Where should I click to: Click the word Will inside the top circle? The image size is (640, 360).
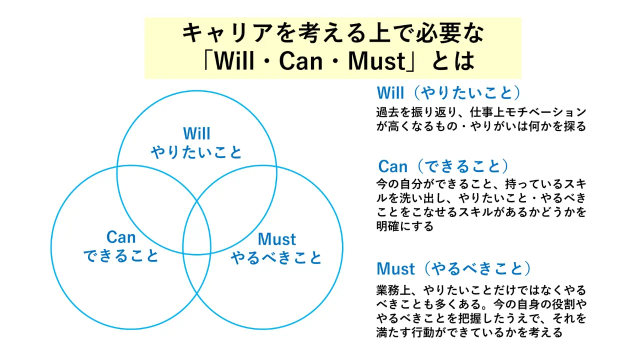coord(196,133)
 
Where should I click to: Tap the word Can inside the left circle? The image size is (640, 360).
coord(121,237)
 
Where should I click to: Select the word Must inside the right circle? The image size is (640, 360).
coord(276,239)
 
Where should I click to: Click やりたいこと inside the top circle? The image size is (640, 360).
coord(196,152)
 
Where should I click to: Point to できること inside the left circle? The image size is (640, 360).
coord(121,255)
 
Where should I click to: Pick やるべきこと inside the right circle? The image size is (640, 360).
coord(276,257)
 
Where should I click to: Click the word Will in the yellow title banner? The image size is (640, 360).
coord(234,61)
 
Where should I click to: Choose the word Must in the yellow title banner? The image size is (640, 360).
coord(376,61)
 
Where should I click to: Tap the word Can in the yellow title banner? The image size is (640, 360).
coord(301,61)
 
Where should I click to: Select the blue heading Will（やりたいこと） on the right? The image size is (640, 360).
coord(449,92)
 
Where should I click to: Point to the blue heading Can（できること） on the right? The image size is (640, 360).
coord(443,166)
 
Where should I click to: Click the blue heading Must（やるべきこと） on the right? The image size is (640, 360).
coord(453,268)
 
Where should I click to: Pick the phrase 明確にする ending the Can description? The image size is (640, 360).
coord(405,226)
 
